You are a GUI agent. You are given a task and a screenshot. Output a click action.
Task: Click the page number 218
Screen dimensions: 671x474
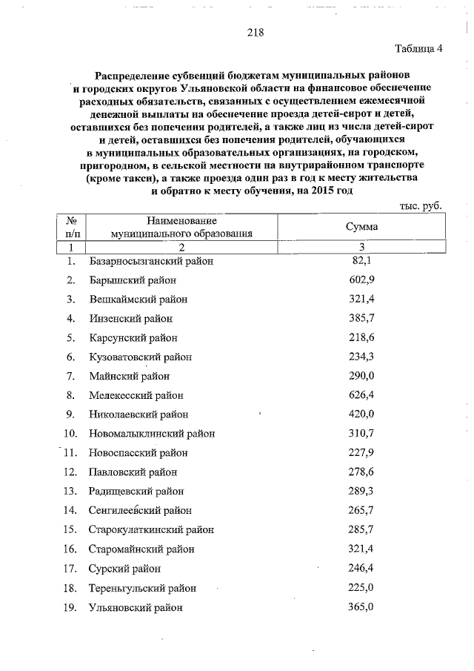tap(255, 33)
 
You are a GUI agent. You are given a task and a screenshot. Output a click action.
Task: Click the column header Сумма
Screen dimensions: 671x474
tap(361, 227)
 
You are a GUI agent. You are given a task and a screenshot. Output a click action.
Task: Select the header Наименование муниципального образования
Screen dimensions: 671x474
tap(181, 227)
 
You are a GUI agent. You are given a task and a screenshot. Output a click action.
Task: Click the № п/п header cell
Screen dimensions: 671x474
tap(72, 227)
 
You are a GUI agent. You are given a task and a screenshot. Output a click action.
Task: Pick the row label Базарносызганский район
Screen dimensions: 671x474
tap(150, 261)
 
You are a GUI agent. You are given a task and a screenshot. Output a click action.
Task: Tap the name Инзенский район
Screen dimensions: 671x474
tap(130, 318)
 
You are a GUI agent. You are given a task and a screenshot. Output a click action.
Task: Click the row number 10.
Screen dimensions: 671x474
tap(71, 434)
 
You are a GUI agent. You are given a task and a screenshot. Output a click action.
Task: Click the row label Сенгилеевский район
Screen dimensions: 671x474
tap(140, 510)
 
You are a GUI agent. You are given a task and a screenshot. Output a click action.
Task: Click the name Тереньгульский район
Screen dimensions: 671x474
tap(142, 588)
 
